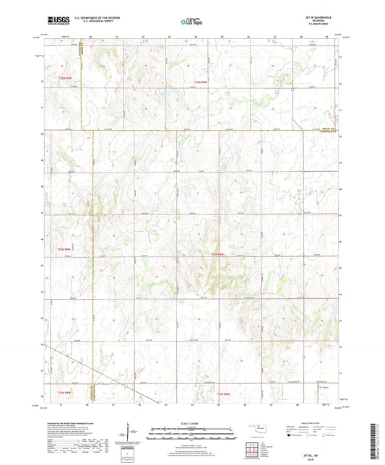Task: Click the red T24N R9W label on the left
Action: tap(64, 249)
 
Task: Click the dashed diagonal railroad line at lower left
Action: tap(108, 376)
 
